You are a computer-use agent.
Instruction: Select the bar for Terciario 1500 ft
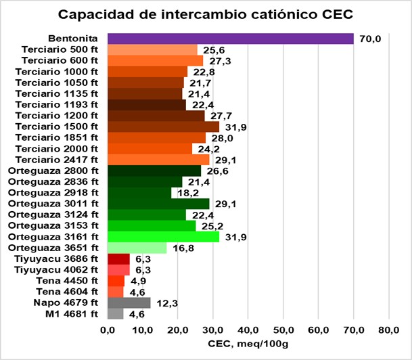coord(163,127)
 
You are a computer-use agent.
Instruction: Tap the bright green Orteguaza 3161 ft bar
coord(163,237)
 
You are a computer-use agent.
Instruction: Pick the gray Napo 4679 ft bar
coord(129,302)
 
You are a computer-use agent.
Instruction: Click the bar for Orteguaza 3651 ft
coord(137,248)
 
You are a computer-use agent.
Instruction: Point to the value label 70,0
coord(369,39)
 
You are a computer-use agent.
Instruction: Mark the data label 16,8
coord(179,248)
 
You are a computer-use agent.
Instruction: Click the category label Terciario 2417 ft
coord(65,160)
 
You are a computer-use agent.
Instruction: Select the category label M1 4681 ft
coord(72,314)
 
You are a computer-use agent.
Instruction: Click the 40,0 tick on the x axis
coord(248,331)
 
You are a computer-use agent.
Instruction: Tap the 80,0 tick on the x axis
coord(388,331)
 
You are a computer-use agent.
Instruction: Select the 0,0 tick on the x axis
coord(108,331)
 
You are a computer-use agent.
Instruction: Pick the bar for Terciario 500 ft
coord(152,49)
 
